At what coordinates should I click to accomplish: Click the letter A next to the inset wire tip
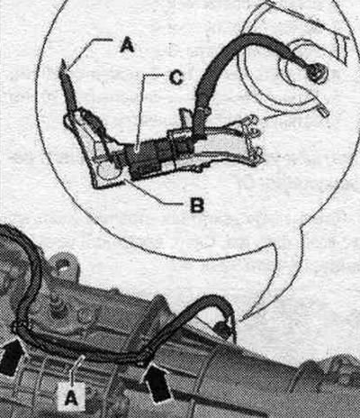(x=127, y=46)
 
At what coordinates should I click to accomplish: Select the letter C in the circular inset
(x=175, y=78)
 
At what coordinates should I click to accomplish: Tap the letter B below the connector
(x=197, y=205)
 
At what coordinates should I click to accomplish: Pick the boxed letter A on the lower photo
(x=71, y=398)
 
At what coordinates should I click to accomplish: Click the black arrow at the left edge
(x=12, y=357)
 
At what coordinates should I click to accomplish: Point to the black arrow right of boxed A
(x=157, y=382)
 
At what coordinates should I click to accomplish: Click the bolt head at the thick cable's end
(x=316, y=72)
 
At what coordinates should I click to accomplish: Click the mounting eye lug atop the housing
(x=64, y=265)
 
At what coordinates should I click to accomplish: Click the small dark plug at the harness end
(x=222, y=329)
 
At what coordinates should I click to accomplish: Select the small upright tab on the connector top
(x=185, y=116)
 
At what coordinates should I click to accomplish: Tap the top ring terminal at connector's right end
(x=253, y=121)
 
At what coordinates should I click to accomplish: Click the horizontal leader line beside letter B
(x=177, y=204)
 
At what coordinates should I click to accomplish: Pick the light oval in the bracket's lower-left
(x=105, y=171)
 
